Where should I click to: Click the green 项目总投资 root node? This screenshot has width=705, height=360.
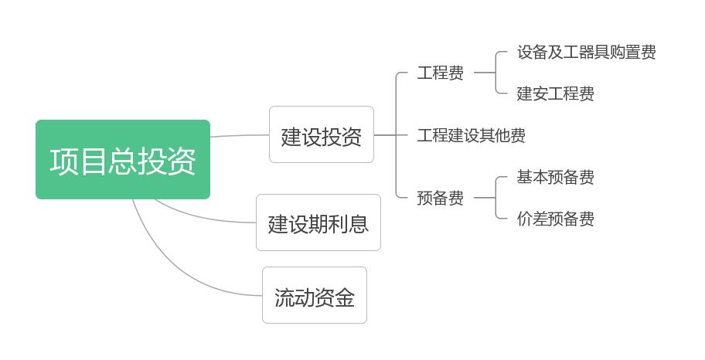pos(123,160)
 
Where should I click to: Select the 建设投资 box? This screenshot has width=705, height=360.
pos(321,135)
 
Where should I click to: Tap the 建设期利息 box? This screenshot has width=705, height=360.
pos(318,222)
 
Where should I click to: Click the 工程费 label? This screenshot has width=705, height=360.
pos(440,73)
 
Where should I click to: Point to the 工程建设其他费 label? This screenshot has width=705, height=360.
pos(471,136)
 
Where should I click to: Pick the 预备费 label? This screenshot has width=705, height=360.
pos(440,199)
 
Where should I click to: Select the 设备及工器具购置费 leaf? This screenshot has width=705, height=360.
pos(586,53)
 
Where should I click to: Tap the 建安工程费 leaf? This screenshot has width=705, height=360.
pos(555,94)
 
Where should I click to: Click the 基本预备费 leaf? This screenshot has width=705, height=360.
pos(555,178)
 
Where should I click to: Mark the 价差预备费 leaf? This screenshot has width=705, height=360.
pos(555,219)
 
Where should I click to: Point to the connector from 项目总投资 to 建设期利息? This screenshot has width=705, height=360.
pos(201,217)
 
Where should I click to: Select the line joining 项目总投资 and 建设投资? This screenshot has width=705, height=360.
pos(240,136)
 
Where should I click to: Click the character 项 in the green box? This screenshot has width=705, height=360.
pos(65,161)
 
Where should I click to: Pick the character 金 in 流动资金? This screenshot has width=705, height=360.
pos(345,297)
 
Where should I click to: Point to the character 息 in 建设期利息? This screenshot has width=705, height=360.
pos(358,224)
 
